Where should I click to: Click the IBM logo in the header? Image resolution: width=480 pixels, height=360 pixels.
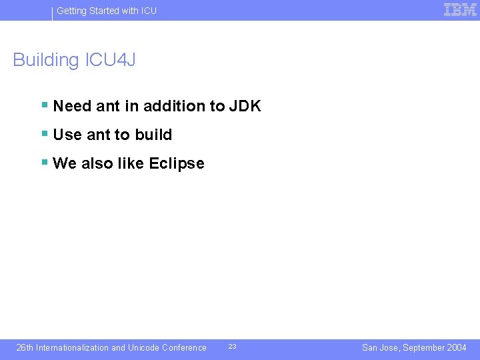460,9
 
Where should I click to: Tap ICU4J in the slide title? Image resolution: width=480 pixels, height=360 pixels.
110,60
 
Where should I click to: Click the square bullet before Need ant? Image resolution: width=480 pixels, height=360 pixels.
44,105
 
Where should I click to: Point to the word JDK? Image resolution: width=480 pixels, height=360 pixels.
245,106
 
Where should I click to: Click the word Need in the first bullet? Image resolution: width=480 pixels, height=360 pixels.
72,106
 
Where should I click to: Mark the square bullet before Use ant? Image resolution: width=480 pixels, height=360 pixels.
44,133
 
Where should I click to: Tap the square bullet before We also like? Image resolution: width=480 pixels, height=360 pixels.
44,162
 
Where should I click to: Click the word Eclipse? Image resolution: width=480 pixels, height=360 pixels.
177,164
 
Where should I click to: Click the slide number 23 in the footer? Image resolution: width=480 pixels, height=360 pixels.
232,347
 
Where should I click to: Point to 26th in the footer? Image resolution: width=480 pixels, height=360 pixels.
25,347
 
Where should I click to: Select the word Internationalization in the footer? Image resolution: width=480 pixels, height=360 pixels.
72,347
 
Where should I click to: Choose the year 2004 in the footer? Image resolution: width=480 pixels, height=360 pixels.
457,347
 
